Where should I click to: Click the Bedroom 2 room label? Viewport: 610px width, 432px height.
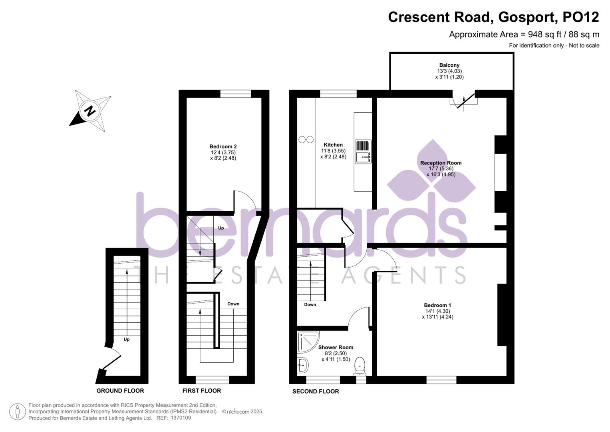(x=223, y=147)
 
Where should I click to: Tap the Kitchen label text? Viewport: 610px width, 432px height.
(x=333, y=145)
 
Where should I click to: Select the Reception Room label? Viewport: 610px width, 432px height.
(x=441, y=163)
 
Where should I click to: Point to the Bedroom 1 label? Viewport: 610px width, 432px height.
(x=437, y=305)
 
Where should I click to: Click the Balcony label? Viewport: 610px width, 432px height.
(x=449, y=65)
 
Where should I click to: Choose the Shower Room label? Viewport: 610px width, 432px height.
(x=336, y=348)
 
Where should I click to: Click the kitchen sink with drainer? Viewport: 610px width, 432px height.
(x=363, y=152)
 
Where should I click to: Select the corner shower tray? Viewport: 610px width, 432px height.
(x=306, y=341)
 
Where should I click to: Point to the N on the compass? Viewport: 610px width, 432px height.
(x=91, y=110)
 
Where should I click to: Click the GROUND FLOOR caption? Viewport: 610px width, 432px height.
(x=120, y=391)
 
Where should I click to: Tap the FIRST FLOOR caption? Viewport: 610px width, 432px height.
(x=202, y=391)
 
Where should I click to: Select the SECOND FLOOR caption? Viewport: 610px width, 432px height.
(x=316, y=392)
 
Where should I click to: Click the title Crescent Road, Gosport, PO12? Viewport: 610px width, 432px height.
(x=493, y=17)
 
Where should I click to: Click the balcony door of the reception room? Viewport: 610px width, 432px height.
(x=464, y=101)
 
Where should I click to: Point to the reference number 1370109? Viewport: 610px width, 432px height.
(x=181, y=418)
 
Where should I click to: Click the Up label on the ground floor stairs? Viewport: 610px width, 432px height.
(x=127, y=340)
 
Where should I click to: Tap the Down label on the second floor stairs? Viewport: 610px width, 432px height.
(x=310, y=305)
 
